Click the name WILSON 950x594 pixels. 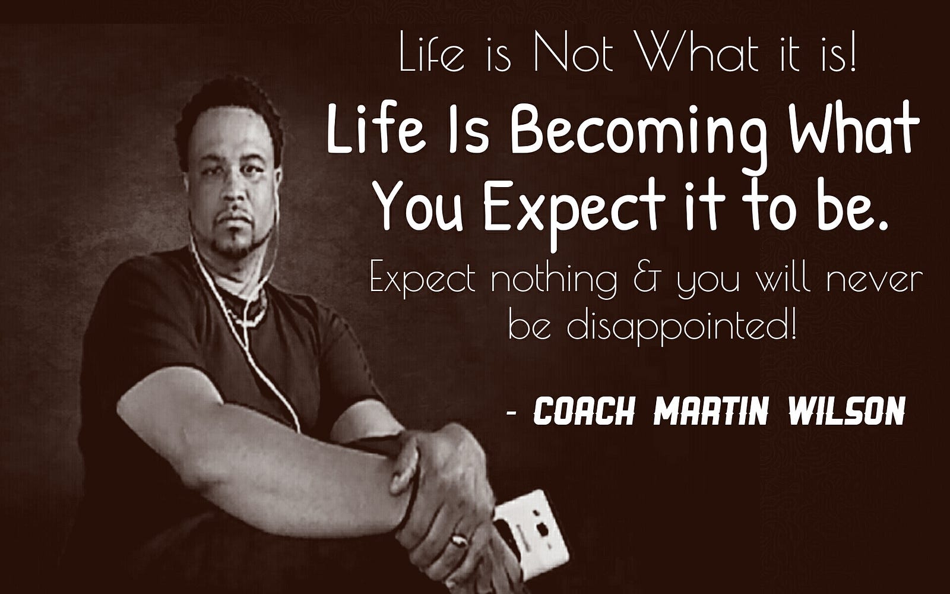(847, 410)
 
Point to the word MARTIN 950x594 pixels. (710, 410)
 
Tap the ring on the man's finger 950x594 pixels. (460, 540)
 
